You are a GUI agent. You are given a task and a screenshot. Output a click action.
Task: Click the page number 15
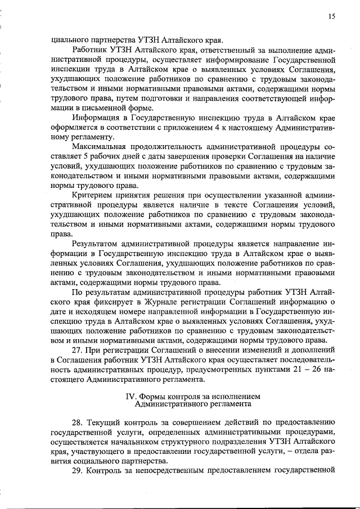(332, 17)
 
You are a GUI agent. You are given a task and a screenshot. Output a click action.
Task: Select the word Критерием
(93, 195)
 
